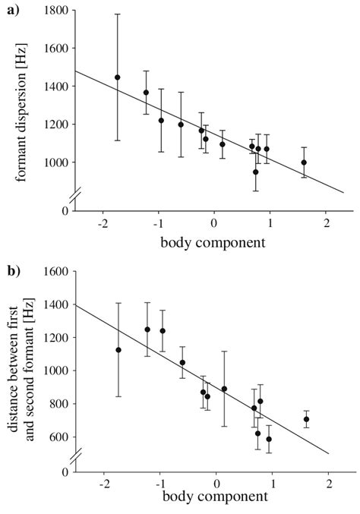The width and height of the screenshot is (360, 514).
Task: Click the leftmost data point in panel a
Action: click(117, 77)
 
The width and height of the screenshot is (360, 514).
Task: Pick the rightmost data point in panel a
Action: click(304, 162)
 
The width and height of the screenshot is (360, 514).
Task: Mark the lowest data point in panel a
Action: click(256, 172)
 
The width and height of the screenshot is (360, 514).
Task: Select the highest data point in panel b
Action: click(147, 330)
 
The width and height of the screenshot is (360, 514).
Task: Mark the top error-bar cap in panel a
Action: click(117, 14)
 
